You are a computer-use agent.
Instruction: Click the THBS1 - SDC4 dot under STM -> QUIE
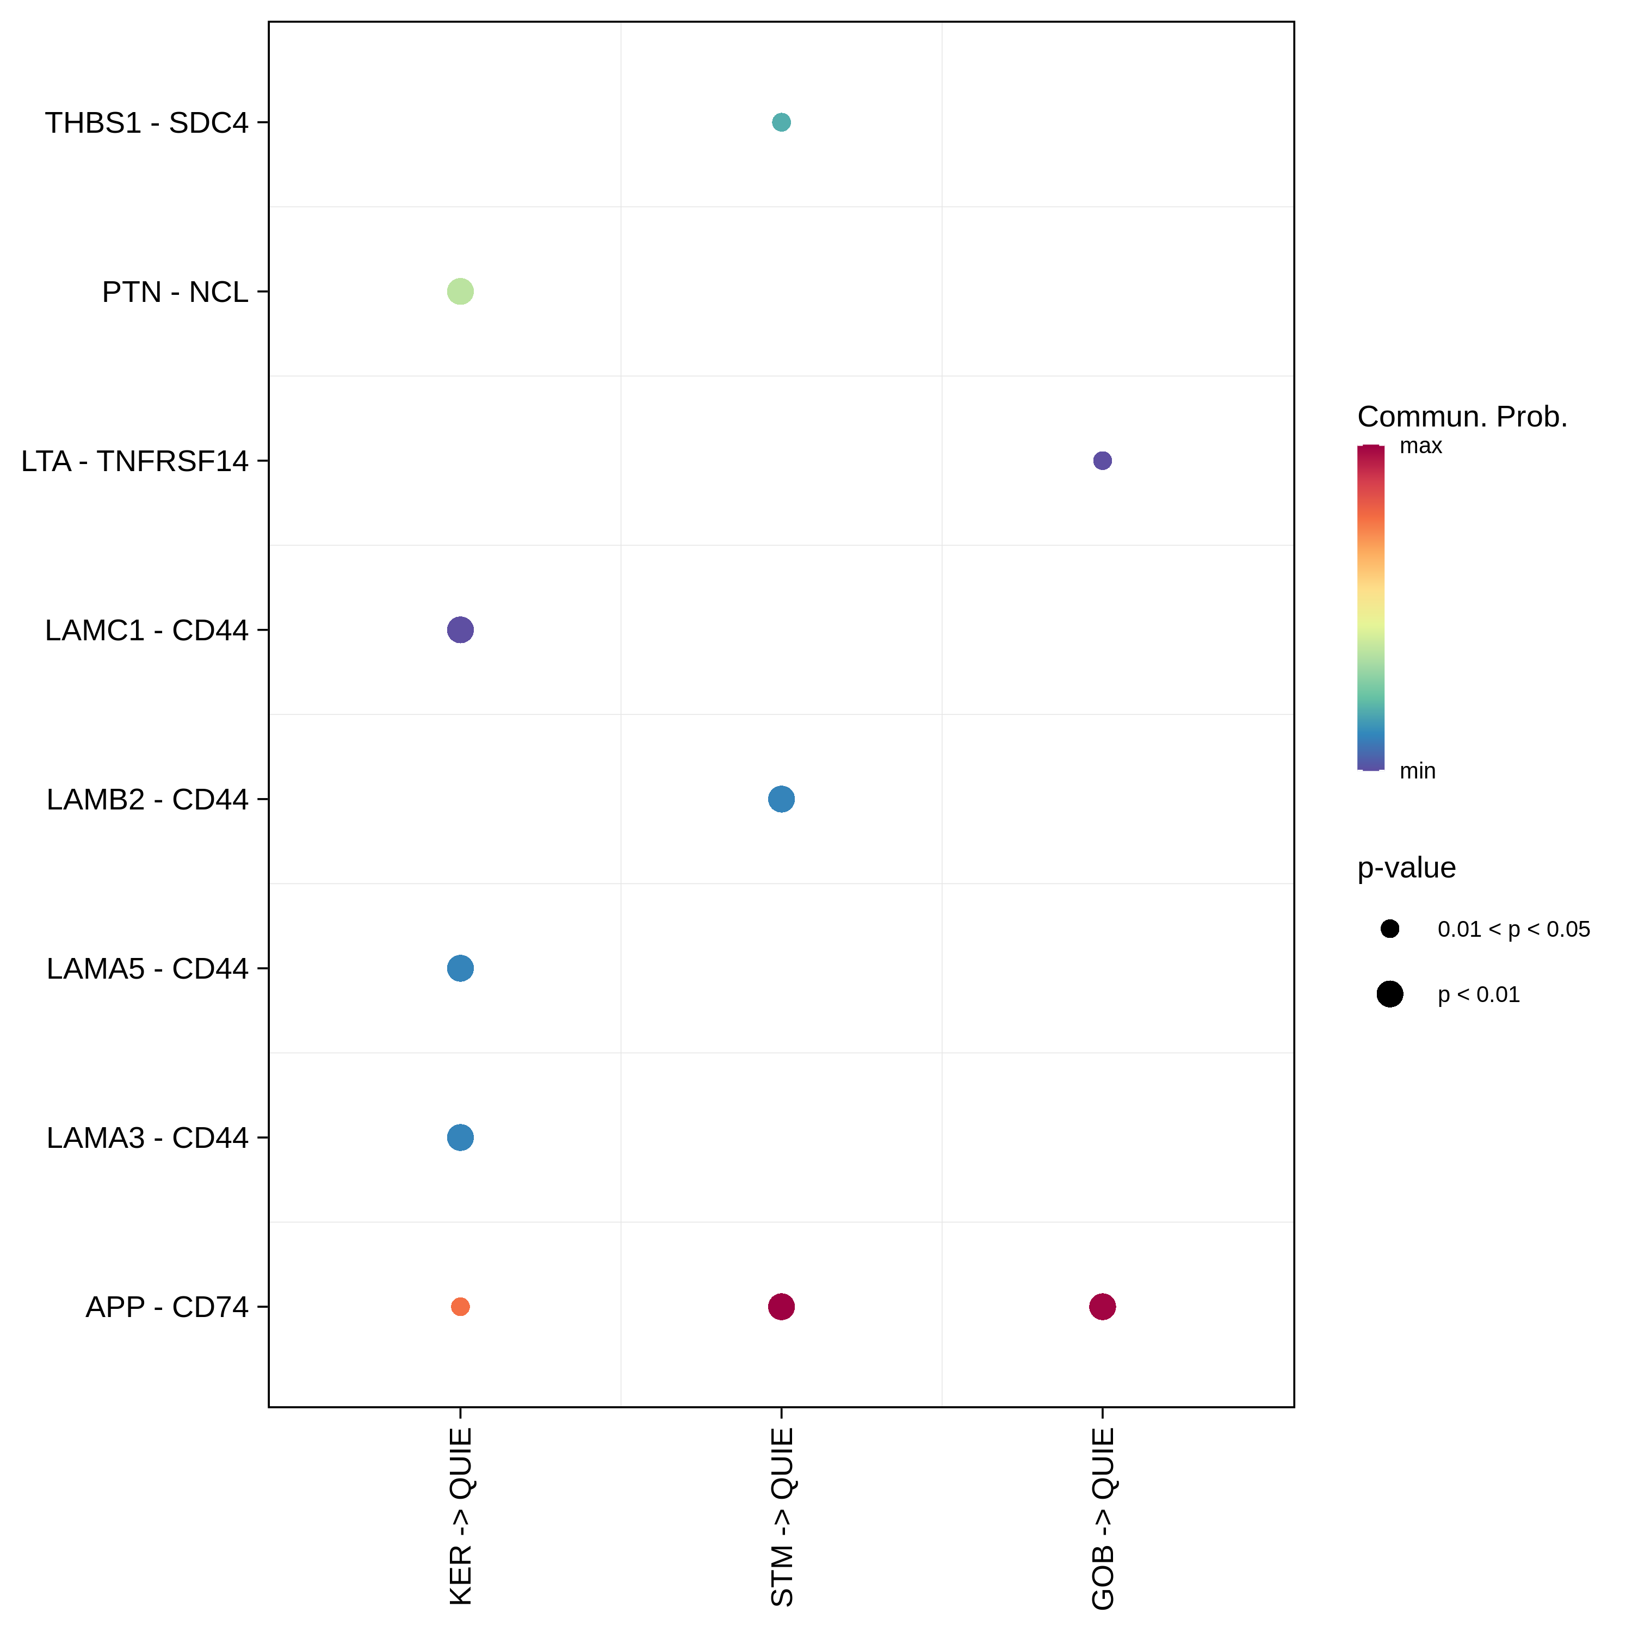tap(781, 122)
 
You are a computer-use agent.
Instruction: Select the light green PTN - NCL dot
tap(460, 292)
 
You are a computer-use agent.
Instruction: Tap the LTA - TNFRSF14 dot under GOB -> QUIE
tap(1102, 460)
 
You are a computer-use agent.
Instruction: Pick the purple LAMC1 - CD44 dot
tap(460, 629)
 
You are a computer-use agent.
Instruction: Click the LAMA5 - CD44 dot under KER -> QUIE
tap(460, 968)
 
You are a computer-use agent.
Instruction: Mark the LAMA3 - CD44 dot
tap(460, 1138)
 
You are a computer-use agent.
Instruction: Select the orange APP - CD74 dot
tap(460, 1307)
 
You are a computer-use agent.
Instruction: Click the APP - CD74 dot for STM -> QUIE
tap(781, 1307)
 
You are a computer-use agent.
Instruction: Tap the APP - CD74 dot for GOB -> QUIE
tap(1102, 1307)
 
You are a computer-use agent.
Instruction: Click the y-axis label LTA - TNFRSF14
tap(135, 461)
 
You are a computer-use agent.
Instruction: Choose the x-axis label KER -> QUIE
tap(460, 1516)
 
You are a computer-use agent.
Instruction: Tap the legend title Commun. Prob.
tap(1462, 417)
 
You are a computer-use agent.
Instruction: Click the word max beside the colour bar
tap(1421, 446)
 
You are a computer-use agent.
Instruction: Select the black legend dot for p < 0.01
tap(1389, 994)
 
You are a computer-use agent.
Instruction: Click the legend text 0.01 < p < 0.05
tap(1514, 929)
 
